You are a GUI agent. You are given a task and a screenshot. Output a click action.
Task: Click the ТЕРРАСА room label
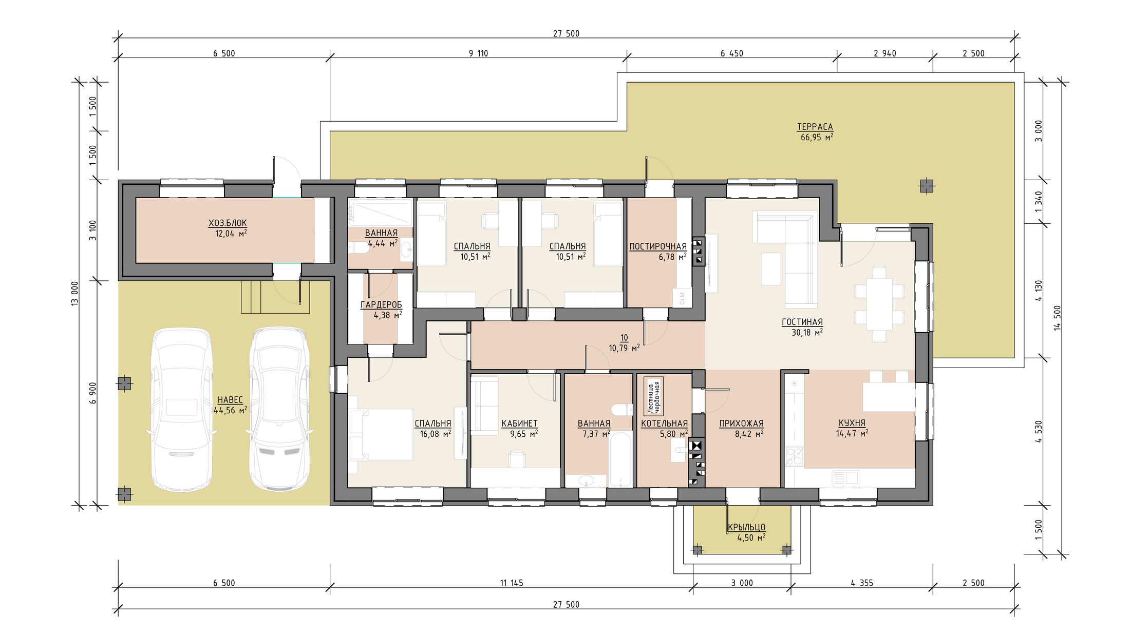(x=815, y=127)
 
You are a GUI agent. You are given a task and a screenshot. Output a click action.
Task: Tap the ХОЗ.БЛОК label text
(x=228, y=223)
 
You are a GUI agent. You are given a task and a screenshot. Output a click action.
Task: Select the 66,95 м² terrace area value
(x=817, y=137)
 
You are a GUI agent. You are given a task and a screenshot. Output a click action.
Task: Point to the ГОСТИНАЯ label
(x=802, y=322)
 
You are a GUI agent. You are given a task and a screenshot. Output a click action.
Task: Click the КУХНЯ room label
(x=852, y=423)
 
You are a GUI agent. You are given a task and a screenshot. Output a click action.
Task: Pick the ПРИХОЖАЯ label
(x=741, y=424)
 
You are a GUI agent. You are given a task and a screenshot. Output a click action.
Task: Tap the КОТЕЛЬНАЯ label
(x=664, y=424)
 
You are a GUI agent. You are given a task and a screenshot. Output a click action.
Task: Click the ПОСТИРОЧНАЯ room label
(x=658, y=247)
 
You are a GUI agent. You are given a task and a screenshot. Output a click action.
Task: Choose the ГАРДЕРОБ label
(x=381, y=305)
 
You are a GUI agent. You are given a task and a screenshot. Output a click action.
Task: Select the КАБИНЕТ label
(x=519, y=424)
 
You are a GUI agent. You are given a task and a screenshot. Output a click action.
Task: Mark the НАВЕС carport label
(x=230, y=400)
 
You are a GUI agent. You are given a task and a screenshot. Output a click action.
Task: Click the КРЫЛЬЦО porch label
(x=746, y=527)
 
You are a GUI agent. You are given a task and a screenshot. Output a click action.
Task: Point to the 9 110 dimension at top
(x=478, y=53)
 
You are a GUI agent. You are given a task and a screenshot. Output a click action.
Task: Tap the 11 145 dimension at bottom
(x=511, y=583)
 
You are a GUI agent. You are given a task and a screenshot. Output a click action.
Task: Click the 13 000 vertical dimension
(x=75, y=294)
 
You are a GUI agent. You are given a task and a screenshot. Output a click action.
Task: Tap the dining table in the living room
(x=879, y=304)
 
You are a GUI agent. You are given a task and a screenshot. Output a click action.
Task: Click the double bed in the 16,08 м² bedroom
(x=381, y=435)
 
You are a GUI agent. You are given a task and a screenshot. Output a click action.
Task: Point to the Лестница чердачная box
(x=654, y=396)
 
